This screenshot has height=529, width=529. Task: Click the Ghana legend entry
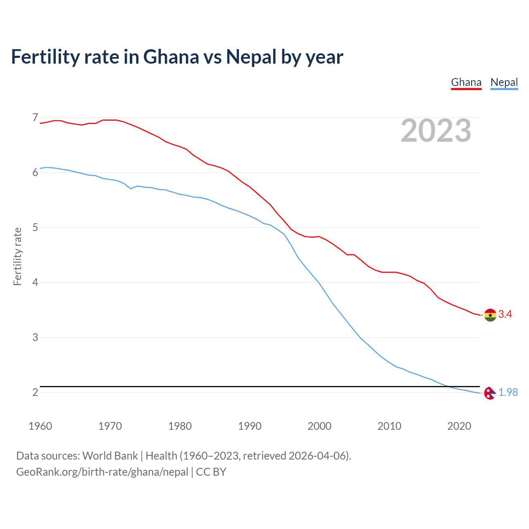[466, 82]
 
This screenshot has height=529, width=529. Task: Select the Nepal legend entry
[504, 82]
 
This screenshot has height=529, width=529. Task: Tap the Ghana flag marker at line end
[490, 315]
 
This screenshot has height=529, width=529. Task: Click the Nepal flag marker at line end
[490, 393]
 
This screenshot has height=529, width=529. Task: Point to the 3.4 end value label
[505, 315]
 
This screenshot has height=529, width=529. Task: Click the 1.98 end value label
[508, 392]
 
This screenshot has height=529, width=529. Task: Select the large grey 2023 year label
[436, 131]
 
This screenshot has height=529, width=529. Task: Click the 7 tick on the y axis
[35, 118]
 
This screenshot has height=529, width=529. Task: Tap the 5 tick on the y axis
[35, 227]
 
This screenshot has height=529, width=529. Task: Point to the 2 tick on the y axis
[35, 392]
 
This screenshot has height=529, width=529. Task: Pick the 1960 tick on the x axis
[40, 426]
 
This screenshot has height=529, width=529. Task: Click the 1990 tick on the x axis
[250, 426]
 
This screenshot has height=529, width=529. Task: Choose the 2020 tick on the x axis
[459, 426]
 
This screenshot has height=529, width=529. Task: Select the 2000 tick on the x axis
[319, 426]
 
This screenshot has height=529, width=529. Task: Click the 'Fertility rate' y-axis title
[17, 256]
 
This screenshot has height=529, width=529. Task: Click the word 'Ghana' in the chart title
[171, 57]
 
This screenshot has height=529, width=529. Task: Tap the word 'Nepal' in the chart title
[251, 57]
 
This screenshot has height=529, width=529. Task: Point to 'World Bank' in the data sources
[110, 456]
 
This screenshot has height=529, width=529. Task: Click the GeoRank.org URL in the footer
[102, 472]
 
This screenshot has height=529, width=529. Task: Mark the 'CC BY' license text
[211, 472]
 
